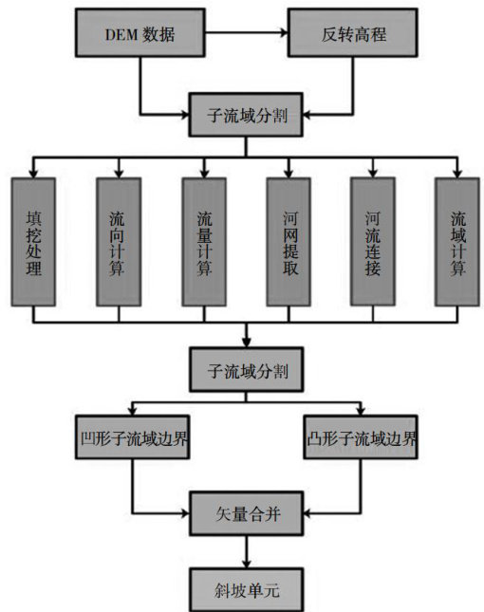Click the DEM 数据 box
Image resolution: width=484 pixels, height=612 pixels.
click(140, 33)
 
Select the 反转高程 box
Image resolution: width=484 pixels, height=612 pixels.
click(353, 33)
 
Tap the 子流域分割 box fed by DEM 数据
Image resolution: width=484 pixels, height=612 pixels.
click(246, 115)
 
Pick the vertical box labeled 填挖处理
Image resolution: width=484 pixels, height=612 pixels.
click(33, 242)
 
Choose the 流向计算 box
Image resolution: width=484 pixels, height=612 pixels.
click(119, 242)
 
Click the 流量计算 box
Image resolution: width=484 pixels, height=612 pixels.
click(204, 242)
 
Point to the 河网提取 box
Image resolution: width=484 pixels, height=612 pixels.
click(289, 242)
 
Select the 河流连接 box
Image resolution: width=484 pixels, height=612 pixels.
click(373, 242)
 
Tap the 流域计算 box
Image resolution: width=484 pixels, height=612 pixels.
click(457, 242)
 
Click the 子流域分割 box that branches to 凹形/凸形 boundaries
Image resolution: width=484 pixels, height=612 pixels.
click(247, 370)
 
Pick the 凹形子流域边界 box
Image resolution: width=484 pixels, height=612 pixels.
click(133, 437)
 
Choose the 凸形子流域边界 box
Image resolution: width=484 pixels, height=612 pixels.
click(361, 437)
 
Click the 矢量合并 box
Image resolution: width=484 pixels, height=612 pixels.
click(247, 513)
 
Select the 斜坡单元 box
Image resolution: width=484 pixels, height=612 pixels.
click(247, 589)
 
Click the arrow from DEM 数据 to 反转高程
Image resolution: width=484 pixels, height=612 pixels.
click(247, 33)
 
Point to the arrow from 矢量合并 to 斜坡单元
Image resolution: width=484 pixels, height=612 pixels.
click(247, 552)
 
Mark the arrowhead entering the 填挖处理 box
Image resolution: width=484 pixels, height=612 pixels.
click(33, 174)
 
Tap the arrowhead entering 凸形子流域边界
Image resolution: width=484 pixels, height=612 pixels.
click(361, 411)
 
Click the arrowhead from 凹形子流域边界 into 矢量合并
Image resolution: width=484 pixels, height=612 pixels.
click(185, 513)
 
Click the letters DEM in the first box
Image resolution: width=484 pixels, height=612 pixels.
click(121, 35)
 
